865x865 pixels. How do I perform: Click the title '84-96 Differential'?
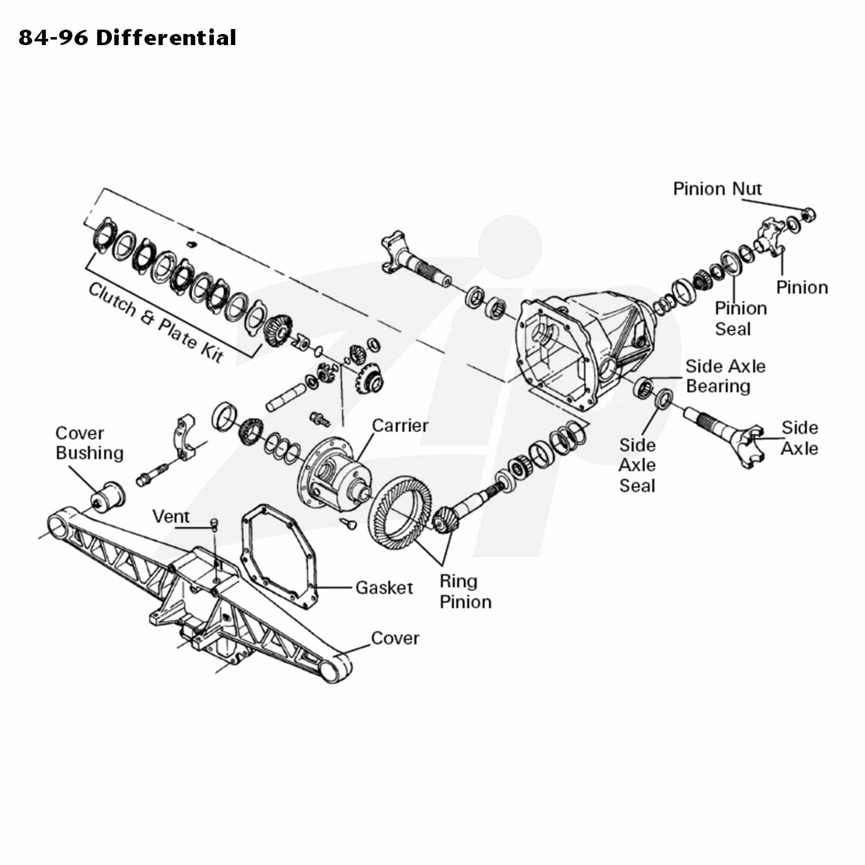click(x=127, y=38)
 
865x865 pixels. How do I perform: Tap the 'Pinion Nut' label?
click(x=717, y=188)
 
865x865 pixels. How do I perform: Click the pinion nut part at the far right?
click(x=808, y=216)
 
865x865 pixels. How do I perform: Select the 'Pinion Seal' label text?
click(x=740, y=318)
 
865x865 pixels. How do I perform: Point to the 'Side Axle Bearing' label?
click(x=725, y=376)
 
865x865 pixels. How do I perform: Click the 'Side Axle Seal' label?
click(x=637, y=465)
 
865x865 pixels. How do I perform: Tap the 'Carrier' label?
click(x=400, y=426)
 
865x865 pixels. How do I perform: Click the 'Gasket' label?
click(x=384, y=588)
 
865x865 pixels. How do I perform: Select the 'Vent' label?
click(x=171, y=516)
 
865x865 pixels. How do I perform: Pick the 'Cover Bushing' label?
click(x=90, y=443)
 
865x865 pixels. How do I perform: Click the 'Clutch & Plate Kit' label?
click(x=156, y=323)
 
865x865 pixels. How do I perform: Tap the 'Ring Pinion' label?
click(x=465, y=591)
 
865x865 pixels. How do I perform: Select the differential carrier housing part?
click(x=334, y=474)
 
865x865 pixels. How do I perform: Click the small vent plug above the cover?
click(x=214, y=523)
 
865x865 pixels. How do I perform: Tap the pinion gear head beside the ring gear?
click(x=446, y=519)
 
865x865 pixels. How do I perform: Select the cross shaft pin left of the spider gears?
click(x=285, y=397)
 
